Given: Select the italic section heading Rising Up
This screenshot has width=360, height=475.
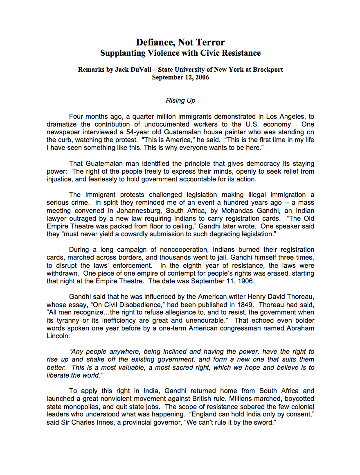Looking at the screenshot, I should point(180,100).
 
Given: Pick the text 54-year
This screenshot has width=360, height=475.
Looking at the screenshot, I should point(133,132).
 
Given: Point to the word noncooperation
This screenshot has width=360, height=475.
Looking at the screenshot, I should point(174,249).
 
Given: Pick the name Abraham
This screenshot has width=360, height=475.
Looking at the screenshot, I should point(300,328).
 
